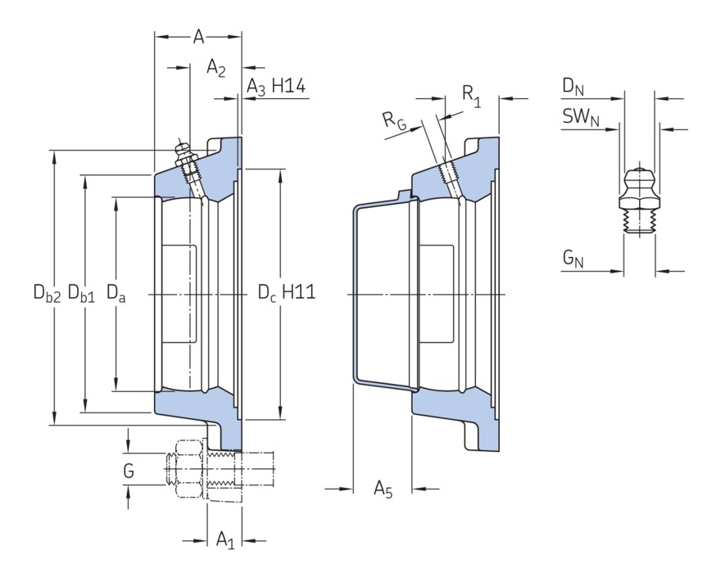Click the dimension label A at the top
pos(198,37)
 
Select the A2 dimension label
pos(216,67)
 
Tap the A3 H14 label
pos(276,87)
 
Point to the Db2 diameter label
pos(47,292)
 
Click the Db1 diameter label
pos(82,292)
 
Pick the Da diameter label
pos(116,292)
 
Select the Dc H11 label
pos(287,292)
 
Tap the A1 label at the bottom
pos(225,539)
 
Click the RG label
pos(394,120)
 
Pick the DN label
pos(574,85)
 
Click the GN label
pos(573,259)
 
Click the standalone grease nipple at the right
pos(638,201)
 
